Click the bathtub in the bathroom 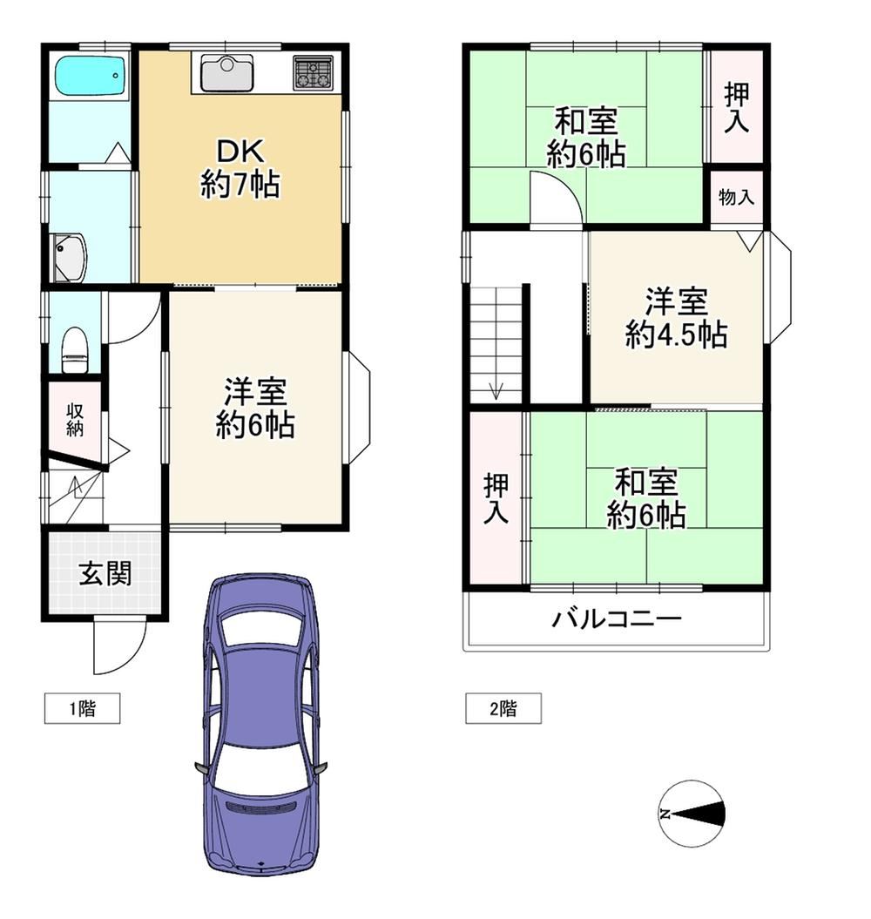(91, 78)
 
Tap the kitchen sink (226, 73)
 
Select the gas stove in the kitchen (313, 72)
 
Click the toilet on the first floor (74, 350)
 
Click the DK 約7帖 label (240, 169)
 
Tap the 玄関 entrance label (105, 573)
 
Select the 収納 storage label (74, 420)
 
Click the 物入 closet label (737, 197)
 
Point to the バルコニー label (617, 618)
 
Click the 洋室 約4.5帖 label (677, 318)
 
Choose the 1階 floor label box (83, 708)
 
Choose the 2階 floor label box (503, 708)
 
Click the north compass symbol (692, 814)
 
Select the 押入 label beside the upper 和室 (737, 107)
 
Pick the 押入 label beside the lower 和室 (496, 498)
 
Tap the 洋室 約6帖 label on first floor (255, 409)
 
